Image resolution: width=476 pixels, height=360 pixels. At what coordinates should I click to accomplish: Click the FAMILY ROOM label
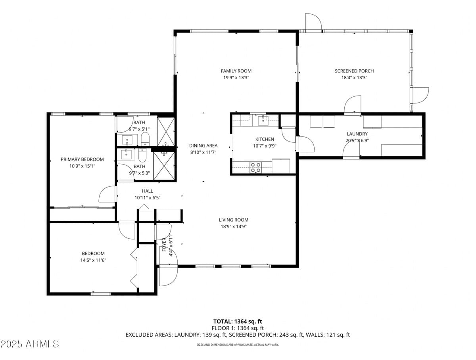pyautogui.click(x=236, y=71)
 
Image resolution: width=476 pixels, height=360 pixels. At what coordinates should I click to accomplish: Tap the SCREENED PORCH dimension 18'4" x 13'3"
pyautogui.click(x=354, y=78)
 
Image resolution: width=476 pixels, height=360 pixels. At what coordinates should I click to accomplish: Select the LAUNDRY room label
pyautogui.click(x=357, y=134)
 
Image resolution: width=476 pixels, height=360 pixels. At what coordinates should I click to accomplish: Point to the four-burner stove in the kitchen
pyautogui.click(x=256, y=167)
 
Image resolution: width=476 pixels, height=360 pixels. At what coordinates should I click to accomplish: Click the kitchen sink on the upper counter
pyautogui.click(x=263, y=120)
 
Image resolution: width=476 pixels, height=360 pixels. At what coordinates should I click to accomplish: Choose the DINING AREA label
pyautogui.click(x=203, y=146)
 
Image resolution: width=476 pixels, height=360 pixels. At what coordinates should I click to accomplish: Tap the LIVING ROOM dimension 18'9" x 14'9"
pyautogui.click(x=234, y=227)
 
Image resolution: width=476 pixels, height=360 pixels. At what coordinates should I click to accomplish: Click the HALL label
pyautogui.click(x=148, y=191)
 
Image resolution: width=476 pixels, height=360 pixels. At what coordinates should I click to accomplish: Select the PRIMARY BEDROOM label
pyautogui.click(x=82, y=159)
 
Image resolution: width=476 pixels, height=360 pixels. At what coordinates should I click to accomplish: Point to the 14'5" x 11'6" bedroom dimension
pyautogui.click(x=93, y=260)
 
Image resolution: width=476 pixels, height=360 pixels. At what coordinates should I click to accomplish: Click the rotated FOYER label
pyautogui.click(x=164, y=245)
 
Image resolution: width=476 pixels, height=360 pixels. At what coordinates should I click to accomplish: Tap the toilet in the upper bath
pyautogui.click(x=145, y=139)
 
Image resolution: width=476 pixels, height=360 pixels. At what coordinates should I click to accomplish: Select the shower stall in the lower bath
pyautogui.click(x=164, y=166)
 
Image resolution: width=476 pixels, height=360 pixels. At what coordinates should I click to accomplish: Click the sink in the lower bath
pyautogui.click(x=127, y=153)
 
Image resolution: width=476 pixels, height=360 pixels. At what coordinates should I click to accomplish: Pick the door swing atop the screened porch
pyautogui.click(x=313, y=22)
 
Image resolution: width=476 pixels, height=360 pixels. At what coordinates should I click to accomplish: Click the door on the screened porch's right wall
pyautogui.click(x=420, y=95)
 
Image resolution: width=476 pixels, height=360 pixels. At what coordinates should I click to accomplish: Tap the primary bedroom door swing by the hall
pyautogui.click(x=107, y=194)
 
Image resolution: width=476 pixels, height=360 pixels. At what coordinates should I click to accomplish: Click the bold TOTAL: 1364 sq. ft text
pyautogui.click(x=238, y=322)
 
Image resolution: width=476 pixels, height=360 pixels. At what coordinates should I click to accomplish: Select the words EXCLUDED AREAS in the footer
pyautogui.click(x=148, y=335)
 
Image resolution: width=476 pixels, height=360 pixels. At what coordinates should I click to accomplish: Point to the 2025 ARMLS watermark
pyautogui.click(x=30, y=344)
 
